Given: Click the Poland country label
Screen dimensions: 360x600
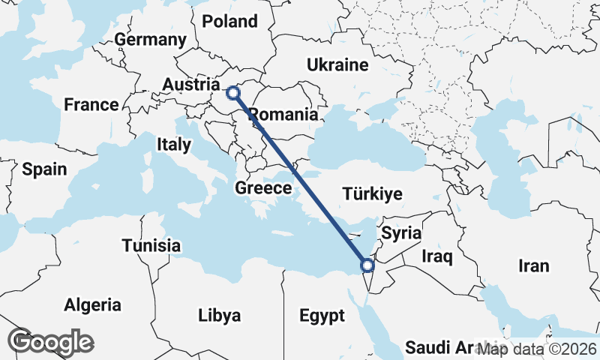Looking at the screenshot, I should [x=230, y=22].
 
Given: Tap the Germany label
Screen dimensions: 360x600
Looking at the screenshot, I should [x=151, y=40].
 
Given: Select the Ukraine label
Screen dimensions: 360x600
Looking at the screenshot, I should [x=337, y=65].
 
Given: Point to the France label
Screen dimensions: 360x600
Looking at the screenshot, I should [x=91, y=105].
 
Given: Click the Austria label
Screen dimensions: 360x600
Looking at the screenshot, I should [x=191, y=85].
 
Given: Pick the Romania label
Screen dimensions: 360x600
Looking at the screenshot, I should [x=283, y=115].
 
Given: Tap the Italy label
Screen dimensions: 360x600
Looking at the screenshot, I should [x=174, y=145].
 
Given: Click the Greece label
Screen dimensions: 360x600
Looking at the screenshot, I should [x=263, y=188].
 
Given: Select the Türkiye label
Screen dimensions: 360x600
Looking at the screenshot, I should [x=372, y=194].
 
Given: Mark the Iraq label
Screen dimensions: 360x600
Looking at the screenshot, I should [x=437, y=257].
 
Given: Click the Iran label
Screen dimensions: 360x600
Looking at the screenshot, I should [x=533, y=265].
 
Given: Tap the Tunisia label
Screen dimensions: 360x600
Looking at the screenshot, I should [x=151, y=245].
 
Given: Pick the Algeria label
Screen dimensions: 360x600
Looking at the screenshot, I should [x=92, y=305].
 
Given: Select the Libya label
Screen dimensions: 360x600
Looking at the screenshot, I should [x=220, y=315].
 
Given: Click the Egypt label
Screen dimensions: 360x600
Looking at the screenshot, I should [x=322, y=315].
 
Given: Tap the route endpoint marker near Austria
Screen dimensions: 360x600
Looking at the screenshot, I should [x=233, y=93].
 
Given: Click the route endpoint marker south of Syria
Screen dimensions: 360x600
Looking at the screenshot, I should [x=367, y=265].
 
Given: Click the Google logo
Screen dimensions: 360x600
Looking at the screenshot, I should [x=50, y=342].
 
